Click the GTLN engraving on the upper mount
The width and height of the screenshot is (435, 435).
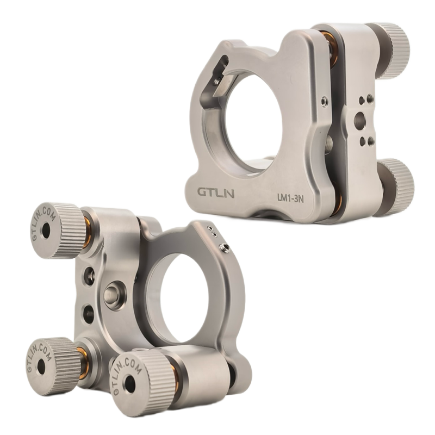216,192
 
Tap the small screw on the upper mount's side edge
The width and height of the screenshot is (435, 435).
324,101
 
